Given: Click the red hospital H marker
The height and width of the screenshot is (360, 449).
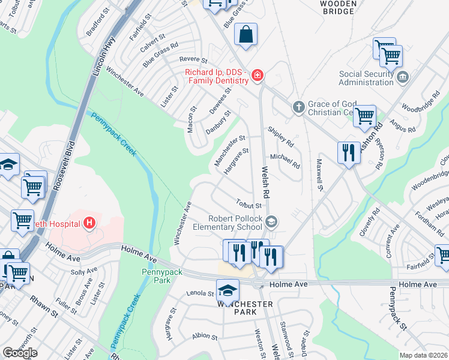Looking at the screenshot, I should click(x=89, y=224).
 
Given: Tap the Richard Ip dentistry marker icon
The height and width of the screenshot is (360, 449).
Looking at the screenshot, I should click(x=257, y=76).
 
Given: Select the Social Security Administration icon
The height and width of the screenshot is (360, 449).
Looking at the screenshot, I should click(x=403, y=77).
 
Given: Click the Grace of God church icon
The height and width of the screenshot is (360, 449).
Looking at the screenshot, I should click(x=298, y=107).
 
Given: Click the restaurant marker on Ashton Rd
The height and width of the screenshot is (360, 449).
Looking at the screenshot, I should click(x=348, y=152).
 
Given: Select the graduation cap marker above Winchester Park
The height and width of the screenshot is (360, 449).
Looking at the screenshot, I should click(x=228, y=290).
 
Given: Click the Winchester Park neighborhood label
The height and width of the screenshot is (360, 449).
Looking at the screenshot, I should click(x=246, y=308).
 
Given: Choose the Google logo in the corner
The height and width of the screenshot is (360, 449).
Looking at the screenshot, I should click(x=20, y=352).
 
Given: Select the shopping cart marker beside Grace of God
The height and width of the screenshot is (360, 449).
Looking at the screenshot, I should click(x=364, y=116).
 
